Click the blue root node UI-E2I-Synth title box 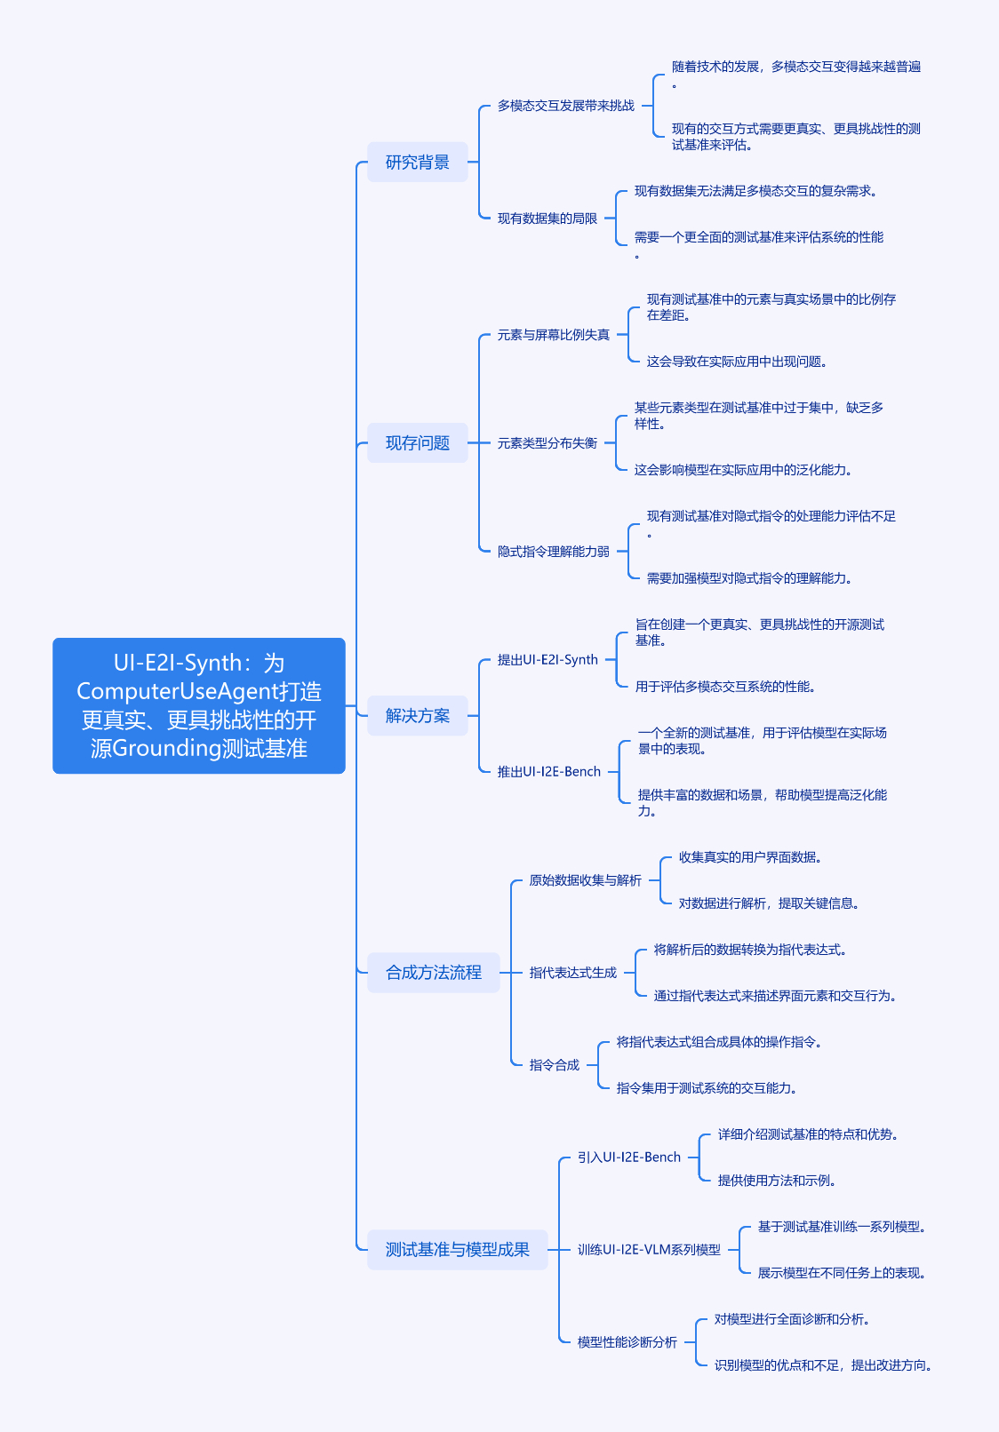(199, 705)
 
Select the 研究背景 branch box (417, 162)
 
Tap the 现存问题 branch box (417, 442)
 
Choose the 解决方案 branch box (417, 715)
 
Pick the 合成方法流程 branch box (433, 973)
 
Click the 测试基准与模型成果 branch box (458, 1249)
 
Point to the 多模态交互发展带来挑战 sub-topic (566, 106)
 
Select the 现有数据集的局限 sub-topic (547, 219)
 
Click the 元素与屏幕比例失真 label (554, 335)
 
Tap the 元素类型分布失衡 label (547, 443)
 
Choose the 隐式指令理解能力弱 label (554, 551)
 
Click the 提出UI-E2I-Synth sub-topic (547, 660)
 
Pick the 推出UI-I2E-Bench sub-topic (549, 772)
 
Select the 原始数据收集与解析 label (585, 880)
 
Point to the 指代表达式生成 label (573, 973)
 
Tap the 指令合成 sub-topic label (555, 1064)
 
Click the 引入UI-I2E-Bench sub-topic (629, 1158)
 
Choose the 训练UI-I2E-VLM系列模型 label (649, 1249)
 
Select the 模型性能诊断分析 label (627, 1342)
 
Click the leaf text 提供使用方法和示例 (777, 1180)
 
